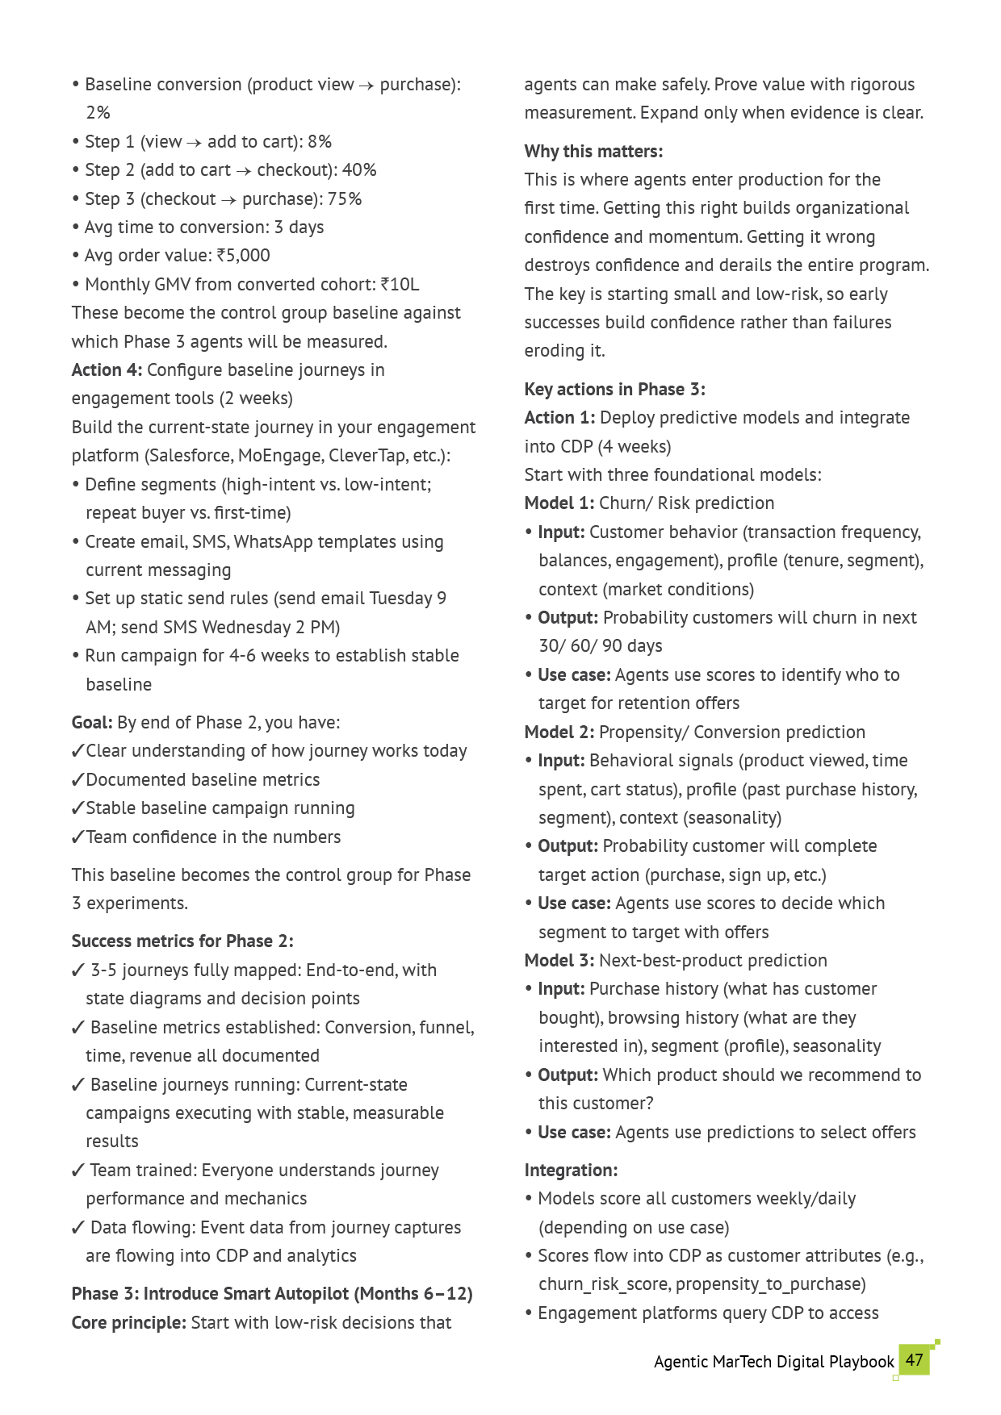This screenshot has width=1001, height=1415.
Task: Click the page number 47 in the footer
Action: (914, 1359)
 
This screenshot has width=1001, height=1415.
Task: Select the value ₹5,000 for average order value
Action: (243, 256)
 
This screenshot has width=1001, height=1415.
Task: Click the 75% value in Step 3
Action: (344, 199)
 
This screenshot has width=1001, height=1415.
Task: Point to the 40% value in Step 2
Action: (359, 170)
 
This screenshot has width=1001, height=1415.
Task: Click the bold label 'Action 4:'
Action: (107, 370)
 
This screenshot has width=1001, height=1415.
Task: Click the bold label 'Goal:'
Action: (91, 723)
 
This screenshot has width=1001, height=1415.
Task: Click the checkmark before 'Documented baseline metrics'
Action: (78, 780)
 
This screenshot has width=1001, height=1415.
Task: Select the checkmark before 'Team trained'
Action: (78, 1171)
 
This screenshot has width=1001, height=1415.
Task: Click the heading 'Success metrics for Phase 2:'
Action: (182, 941)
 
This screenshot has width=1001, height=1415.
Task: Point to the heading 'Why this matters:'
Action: (593, 152)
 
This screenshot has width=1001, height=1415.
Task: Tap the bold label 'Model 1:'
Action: (559, 503)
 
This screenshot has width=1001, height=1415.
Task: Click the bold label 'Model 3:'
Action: (559, 961)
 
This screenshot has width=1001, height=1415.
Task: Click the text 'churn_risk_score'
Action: (604, 1284)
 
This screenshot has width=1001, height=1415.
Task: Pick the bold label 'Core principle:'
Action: (129, 1323)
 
